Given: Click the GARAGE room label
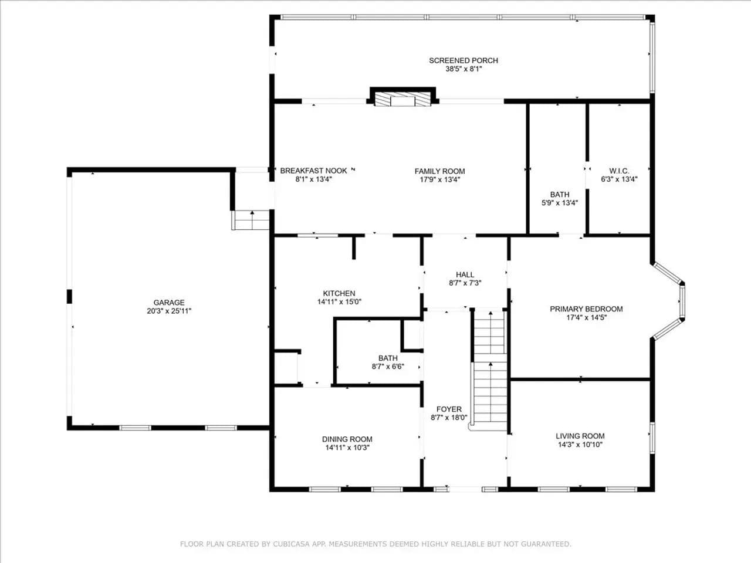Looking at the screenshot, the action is (x=168, y=303).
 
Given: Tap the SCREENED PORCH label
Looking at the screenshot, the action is (x=464, y=60).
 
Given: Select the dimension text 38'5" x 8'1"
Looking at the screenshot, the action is (x=464, y=69).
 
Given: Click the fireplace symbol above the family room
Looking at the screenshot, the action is (x=402, y=97).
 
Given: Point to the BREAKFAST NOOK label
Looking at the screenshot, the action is (x=313, y=171).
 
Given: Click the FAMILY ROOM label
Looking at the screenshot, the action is (x=439, y=171).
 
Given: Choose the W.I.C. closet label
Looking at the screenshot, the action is (x=619, y=171).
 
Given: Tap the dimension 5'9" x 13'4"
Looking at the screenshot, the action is (x=560, y=203).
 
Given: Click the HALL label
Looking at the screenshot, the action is (x=465, y=274).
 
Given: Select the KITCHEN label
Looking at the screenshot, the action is (x=339, y=293).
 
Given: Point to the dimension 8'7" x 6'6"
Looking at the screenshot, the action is (x=388, y=367).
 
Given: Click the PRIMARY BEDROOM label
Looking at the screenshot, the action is (x=586, y=309).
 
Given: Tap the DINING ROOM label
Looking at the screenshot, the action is (x=347, y=439).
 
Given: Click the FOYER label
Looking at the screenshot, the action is (x=449, y=409).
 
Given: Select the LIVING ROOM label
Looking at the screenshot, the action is (x=580, y=436).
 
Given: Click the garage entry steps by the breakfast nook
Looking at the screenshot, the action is (x=251, y=220).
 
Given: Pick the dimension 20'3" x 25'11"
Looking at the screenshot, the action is (x=168, y=311).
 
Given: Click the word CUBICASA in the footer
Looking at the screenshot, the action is (x=290, y=544).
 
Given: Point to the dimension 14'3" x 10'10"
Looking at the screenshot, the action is (x=580, y=445).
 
